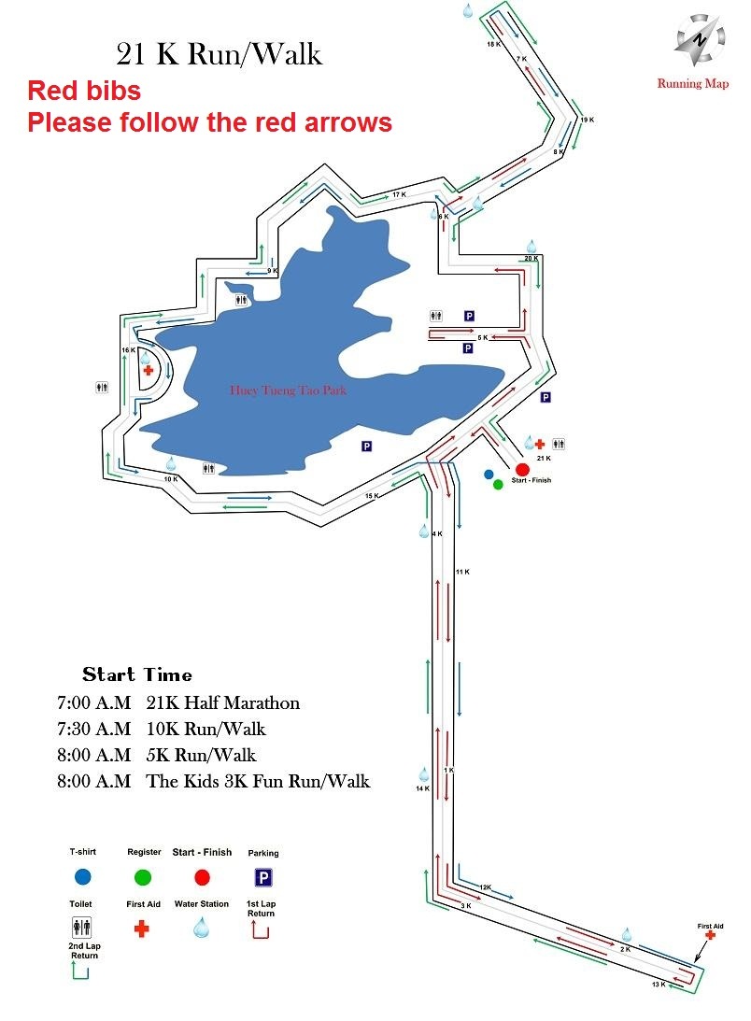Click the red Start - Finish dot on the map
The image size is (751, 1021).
(x=522, y=470)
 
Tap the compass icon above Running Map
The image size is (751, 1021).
(x=699, y=40)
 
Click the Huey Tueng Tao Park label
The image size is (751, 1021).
(x=288, y=390)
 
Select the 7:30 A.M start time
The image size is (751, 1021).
(x=93, y=729)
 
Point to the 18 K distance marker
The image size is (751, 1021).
(x=494, y=44)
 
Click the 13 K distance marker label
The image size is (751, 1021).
(x=659, y=984)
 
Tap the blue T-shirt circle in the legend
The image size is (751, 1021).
(x=83, y=877)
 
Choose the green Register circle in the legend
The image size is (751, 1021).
(x=143, y=877)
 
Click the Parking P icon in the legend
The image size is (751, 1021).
(x=263, y=878)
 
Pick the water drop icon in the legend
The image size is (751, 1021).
(x=201, y=928)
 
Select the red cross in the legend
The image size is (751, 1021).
(x=141, y=929)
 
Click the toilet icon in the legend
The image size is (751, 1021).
(x=81, y=927)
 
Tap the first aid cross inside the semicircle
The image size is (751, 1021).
(x=148, y=370)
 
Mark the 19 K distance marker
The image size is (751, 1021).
(x=588, y=120)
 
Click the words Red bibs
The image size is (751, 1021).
(x=84, y=91)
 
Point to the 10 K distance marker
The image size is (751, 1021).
(x=171, y=479)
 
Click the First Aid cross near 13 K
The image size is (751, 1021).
(x=710, y=935)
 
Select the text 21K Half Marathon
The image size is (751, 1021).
(x=222, y=702)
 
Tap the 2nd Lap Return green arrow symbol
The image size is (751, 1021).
(x=80, y=971)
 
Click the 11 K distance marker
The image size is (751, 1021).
(x=462, y=572)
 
